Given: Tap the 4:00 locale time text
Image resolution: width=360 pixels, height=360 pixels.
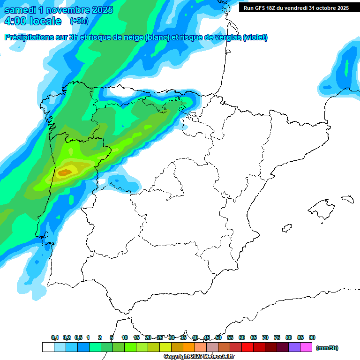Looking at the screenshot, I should [33, 21].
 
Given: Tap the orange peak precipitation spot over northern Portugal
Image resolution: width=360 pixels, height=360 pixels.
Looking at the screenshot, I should [65, 172].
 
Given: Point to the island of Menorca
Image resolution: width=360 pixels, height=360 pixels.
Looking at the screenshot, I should [347, 199].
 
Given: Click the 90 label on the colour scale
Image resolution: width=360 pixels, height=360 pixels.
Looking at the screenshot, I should [312, 338].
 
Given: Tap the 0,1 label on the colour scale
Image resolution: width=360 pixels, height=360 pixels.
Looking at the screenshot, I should [55, 338].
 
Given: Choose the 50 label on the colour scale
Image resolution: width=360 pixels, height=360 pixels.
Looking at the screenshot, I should [218, 338].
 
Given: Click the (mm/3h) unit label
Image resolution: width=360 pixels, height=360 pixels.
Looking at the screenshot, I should [327, 348].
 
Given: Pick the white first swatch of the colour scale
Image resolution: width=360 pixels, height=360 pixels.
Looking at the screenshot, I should [48, 347].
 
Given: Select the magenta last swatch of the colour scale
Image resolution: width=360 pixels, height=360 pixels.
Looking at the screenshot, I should [306, 347].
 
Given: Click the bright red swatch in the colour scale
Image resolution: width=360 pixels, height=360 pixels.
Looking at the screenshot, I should [247, 347].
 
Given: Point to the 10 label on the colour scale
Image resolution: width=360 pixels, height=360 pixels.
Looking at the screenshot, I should [125, 338].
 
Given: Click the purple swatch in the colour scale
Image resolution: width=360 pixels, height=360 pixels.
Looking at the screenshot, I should [294, 347].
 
